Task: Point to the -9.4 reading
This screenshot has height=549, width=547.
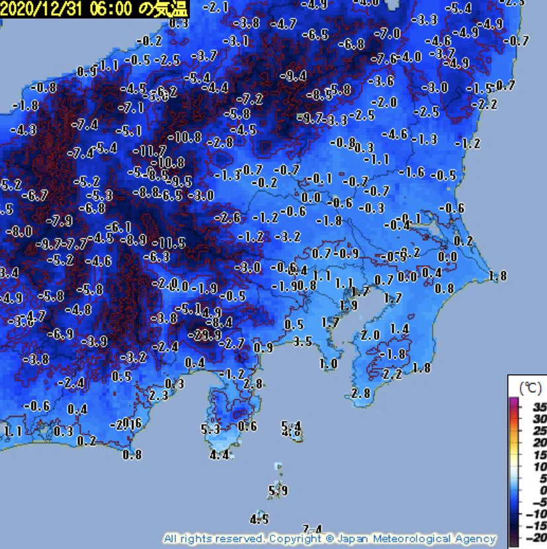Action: click(293, 76)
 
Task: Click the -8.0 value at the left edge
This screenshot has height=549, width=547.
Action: click(19, 232)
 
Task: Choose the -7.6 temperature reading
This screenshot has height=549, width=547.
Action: click(384, 60)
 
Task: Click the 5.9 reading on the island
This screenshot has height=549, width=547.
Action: click(278, 491)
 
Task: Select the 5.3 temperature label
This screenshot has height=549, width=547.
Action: click(210, 429)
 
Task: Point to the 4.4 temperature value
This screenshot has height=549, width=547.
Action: click(219, 454)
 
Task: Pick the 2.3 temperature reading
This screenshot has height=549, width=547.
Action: click(159, 395)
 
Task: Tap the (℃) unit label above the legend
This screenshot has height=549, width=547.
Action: click(528, 386)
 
